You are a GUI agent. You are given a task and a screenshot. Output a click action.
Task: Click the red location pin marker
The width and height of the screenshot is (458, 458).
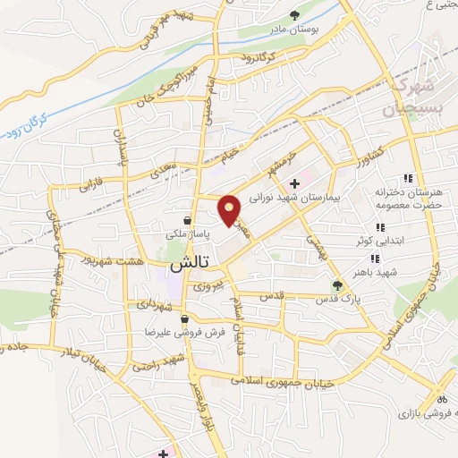pos(230,210)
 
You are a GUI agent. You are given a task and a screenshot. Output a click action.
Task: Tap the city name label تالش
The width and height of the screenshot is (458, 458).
pos(188,265)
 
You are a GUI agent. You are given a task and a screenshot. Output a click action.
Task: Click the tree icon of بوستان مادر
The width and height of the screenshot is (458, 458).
pos(294,14)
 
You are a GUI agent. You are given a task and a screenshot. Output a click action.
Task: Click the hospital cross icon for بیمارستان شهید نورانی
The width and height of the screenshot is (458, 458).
pos(295,182)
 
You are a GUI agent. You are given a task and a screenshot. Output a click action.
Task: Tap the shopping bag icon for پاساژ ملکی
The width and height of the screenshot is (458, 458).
pos(185,220)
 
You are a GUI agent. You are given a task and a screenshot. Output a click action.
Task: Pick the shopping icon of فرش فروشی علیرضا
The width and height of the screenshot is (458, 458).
pos(183,318)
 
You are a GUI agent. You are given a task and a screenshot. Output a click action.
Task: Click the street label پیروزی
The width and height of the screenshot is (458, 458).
pos(207,286)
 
